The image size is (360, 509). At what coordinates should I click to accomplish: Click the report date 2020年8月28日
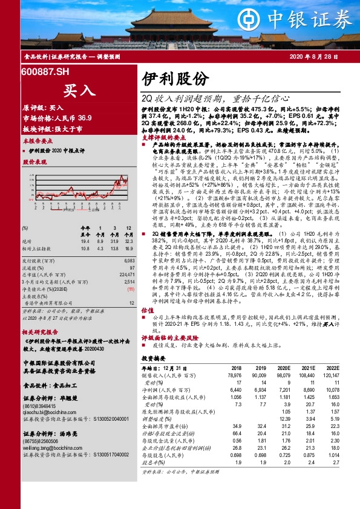319,56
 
